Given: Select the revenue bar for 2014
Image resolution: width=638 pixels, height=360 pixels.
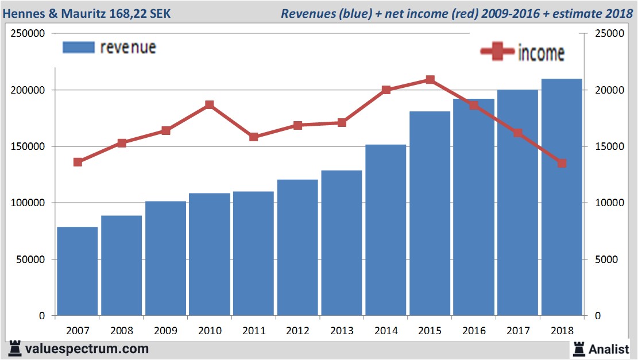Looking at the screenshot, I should pos(386,230).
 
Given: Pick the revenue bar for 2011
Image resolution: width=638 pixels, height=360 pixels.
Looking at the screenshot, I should pos(254,253).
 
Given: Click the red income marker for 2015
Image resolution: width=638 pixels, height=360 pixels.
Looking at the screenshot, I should pos(430,80).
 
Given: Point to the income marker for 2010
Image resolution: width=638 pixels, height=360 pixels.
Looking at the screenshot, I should pos(210,105).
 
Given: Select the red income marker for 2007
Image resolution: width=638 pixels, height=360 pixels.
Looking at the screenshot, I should pos(78,162).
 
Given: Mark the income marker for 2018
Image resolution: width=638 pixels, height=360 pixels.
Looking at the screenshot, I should pos(562,163).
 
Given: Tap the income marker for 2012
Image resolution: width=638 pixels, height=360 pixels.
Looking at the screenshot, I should pos(298,125).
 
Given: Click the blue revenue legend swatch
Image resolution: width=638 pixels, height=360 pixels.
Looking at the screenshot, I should pos(78,47).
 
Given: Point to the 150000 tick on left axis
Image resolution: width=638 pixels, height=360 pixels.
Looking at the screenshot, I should pos(29,146).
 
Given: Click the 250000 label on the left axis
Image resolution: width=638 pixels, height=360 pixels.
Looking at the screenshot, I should pos(29,33).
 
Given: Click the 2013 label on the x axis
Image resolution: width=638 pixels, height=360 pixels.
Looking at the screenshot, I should pos(342,331).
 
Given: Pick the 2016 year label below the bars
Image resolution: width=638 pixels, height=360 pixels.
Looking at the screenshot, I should pos(474,331).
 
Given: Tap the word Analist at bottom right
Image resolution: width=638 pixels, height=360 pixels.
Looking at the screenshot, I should pos(609,349).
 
